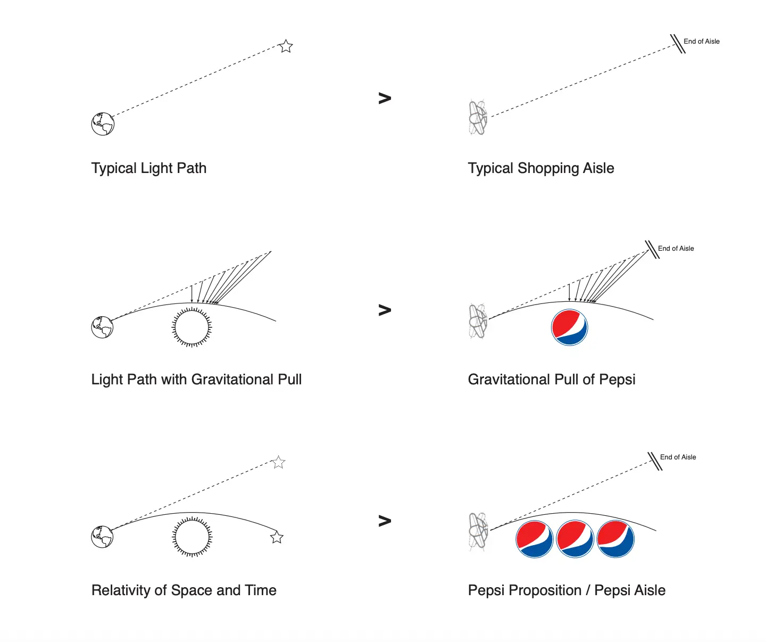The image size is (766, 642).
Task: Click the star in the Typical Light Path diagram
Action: pos(286,46)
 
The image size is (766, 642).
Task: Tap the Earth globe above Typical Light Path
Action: pos(103,124)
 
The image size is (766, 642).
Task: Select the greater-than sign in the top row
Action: pos(385,98)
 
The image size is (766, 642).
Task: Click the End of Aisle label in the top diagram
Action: pos(701,42)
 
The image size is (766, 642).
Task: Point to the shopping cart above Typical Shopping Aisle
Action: pos(478,117)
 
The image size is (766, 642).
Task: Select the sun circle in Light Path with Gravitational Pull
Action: pos(192,327)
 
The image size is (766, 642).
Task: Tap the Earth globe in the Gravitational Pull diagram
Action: pos(102,327)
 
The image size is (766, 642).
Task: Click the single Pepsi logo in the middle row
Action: pos(569,327)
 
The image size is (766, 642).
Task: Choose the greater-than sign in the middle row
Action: pos(385,310)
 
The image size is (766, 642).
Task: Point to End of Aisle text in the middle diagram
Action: pos(676,249)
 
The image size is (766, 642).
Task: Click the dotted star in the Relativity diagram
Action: pos(278,462)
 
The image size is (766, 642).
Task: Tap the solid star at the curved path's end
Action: pos(277,537)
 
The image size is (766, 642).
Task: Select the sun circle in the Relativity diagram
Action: pos(192,537)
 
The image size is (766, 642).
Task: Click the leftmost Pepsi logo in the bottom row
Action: pos(535,539)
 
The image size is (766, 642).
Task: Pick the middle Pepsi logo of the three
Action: pos(575,539)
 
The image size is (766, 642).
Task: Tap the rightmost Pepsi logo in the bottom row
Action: pos(615,539)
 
